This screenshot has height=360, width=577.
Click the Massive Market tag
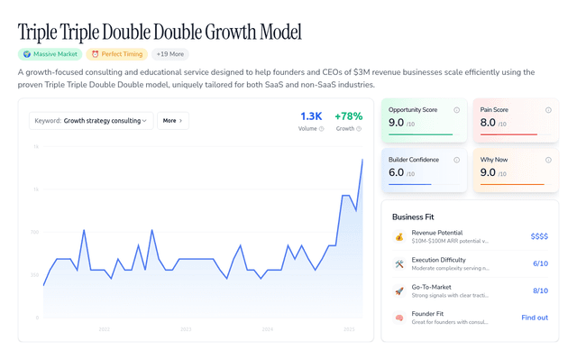point(50,54)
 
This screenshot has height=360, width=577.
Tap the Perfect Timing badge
point(116,54)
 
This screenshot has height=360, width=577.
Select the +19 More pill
point(170,54)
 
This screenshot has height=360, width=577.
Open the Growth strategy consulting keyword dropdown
point(91,120)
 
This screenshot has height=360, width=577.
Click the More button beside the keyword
point(172,120)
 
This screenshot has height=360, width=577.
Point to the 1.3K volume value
point(311,116)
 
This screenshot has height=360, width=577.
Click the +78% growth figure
point(348,116)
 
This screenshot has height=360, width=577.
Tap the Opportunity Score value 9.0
point(397,123)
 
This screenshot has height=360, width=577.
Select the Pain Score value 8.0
point(488,123)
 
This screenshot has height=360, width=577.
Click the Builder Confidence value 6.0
point(397,172)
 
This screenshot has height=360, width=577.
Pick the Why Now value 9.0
point(488,172)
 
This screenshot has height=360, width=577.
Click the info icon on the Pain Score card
point(548,110)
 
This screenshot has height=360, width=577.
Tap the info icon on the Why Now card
point(548,160)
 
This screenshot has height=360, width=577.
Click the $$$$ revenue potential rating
point(539,236)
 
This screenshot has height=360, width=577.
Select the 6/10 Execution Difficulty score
point(540,263)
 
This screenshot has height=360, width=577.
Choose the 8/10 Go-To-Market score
point(540,291)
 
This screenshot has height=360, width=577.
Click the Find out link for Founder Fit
point(535,318)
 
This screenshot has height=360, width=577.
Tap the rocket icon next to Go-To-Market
point(399,291)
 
